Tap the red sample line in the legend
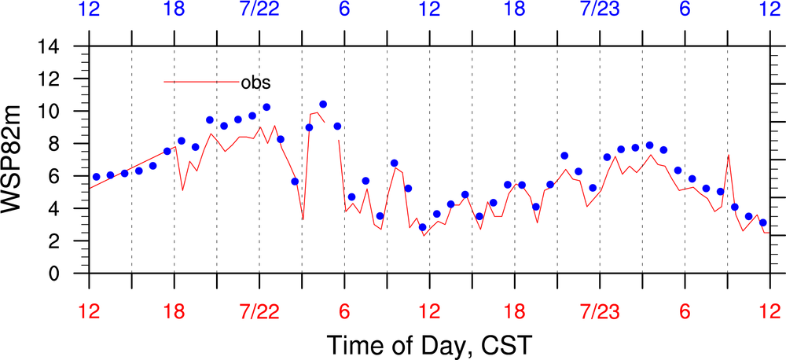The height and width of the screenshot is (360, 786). pyautogui.click(x=200, y=81)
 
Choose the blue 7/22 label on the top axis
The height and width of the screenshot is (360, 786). pyautogui.click(x=259, y=11)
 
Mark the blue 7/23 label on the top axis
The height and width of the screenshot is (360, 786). pyautogui.click(x=600, y=11)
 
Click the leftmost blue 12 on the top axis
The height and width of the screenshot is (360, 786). pyautogui.click(x=89, y=11)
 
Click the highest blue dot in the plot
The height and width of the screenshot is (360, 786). pyautogui.click(x=323, y=104)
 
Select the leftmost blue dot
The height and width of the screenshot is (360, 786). pyautogui.click(x=96, y=177)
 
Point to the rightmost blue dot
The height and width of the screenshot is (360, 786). pyautogui.click(x=762, y=222)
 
